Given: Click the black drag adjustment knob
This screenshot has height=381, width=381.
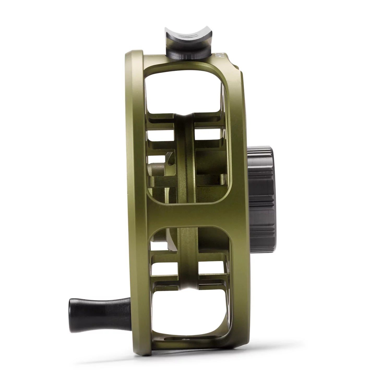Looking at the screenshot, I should point(261,193).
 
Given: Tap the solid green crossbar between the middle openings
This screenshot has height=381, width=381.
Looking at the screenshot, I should point(188,214).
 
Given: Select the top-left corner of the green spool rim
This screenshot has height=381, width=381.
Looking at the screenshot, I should point(130,56).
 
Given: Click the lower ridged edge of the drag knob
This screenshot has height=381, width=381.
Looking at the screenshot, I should point(264,235).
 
